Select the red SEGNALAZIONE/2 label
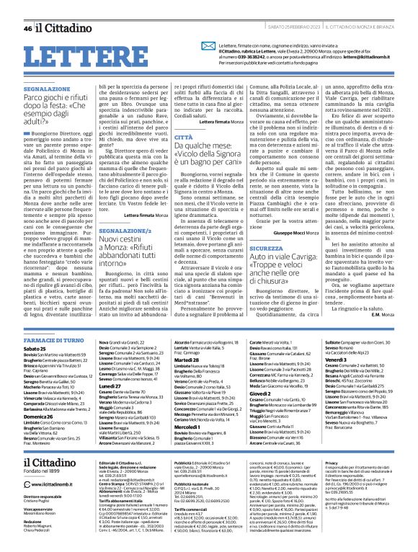tap(119, 228)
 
